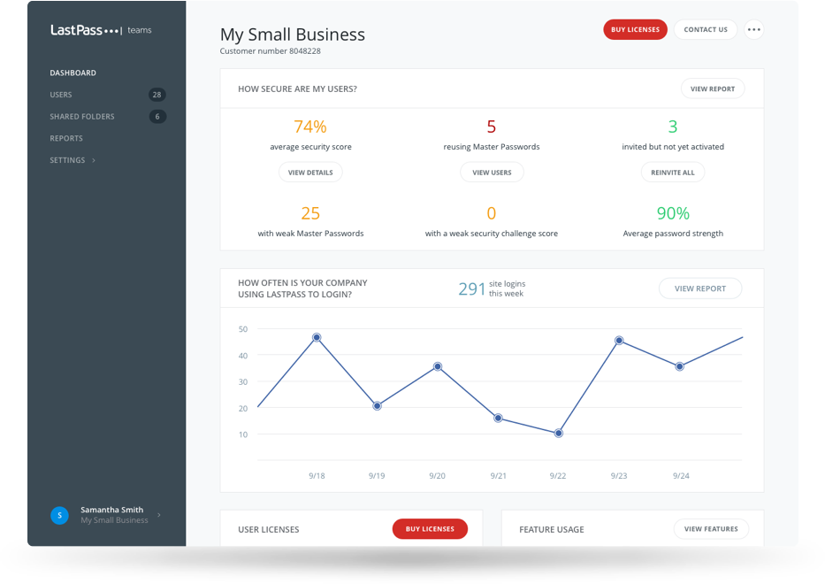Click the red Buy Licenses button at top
pyautogui.click(x=635, y=29)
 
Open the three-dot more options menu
pyautogui.click(x=753, y=29)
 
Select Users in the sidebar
pyautogui.click(x=61, y=95)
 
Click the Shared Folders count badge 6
pyautogui.click(x=157, y=117)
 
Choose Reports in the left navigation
pyautogui.click(x=66, y=138)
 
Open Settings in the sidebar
pyautogui.click(x=68, y=160)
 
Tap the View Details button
pyautogui.click(x=310, y=173)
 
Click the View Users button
pyautogui.click(x=492, y=173)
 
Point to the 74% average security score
pyautogui.click(x=310, y=127)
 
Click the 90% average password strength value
pyautogui.click(x=673, y=213)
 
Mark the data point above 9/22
pyautogui.click(x=558, y=434)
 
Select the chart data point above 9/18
pyautogui.click(x=317, y=337)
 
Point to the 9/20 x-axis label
pyautogui.click(x=437, y=476)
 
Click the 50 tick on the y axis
pyautogui.click(x=243, y=329)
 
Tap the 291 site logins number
pyautogui.click(x=471, y=288)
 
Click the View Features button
pyautogui.click(x=711, y=529)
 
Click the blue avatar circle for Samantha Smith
pyautogui.click(x=59, y=515)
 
